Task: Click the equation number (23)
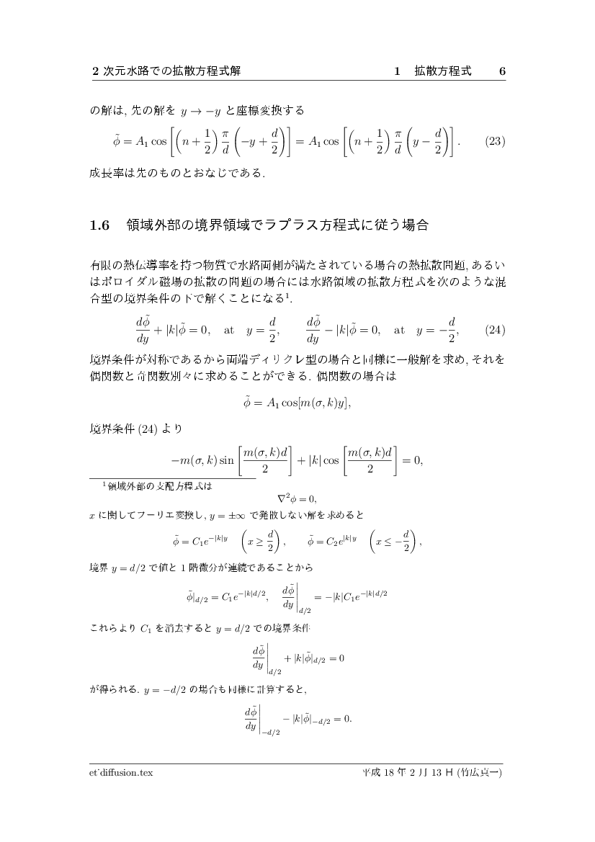[493, 141]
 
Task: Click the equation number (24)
[494, 331]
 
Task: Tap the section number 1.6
[99, 225]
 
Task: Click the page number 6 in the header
[502, 71]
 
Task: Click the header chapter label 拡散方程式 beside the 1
[443, 71]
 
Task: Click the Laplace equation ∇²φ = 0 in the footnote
[297, 498]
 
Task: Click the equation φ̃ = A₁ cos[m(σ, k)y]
[297, 402]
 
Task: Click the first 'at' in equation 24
[229, 331]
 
